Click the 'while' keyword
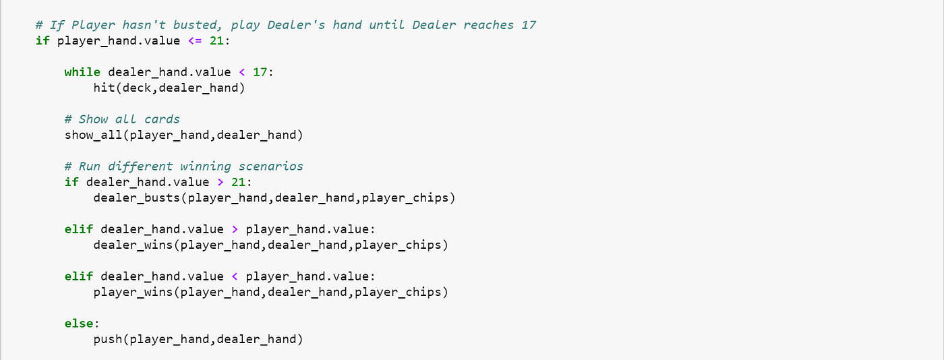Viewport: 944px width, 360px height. point(82,72)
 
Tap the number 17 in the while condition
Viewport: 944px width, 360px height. point(260,72)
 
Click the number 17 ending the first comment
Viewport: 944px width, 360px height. point(529,25)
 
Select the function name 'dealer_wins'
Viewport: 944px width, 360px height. point(133,245)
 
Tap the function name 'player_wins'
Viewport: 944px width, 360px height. point(133,292)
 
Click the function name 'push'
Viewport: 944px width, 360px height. point(108,339)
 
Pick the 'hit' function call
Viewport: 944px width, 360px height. point(104,88)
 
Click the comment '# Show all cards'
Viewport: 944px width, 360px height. point(122,119)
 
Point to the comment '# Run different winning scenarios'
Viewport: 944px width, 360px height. point(184,167)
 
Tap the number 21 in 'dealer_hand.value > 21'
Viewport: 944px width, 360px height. point(245,182)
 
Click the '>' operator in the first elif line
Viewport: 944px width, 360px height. point(235,229)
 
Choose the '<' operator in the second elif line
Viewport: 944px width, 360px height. point(235,276)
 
